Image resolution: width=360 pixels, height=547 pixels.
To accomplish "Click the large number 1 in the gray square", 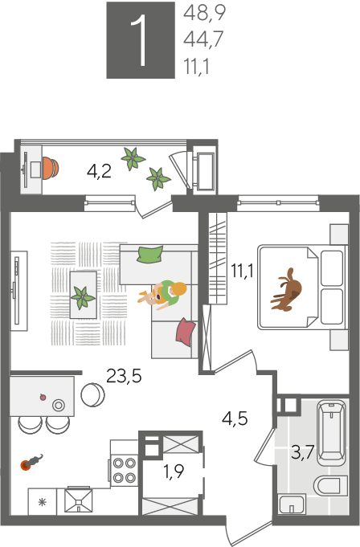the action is pos(140,40).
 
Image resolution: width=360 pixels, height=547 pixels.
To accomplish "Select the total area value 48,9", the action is pos(204,14).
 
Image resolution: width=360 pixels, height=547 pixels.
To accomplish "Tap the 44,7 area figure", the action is pos(203,39).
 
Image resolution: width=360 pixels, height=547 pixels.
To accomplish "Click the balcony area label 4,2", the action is pos(99,171).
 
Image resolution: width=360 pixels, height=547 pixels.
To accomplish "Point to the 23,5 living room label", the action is pos(124,376).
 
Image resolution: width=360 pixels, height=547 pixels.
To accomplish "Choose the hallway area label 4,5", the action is pos(235,418).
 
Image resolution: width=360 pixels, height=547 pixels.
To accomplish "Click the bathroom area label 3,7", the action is pos(303,454).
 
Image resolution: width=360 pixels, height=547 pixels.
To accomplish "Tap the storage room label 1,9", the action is pos(174,471).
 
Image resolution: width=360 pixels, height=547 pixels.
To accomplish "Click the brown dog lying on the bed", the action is pos(287,290).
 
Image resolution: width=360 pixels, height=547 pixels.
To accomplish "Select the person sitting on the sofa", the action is pos(164,295).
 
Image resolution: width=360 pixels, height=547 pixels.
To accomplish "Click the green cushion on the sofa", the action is pos(150,255).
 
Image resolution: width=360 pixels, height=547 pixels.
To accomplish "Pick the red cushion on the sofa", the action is pos(186,332).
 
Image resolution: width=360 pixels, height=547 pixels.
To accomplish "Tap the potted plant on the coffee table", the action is pos(83,297).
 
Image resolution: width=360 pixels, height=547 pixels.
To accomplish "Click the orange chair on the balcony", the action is pos(51,168).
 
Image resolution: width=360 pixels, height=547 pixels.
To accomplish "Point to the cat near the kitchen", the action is pos(32,462).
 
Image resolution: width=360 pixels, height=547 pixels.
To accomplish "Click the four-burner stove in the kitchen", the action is pos(125,470).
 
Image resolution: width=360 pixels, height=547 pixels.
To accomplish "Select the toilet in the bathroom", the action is pos(327,486).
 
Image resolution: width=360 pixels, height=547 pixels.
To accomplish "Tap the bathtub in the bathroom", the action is pos(332,433).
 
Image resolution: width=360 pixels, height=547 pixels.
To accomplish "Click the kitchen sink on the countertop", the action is pos(79,500).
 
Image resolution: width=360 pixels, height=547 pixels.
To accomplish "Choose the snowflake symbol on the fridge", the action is pos(43,502).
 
